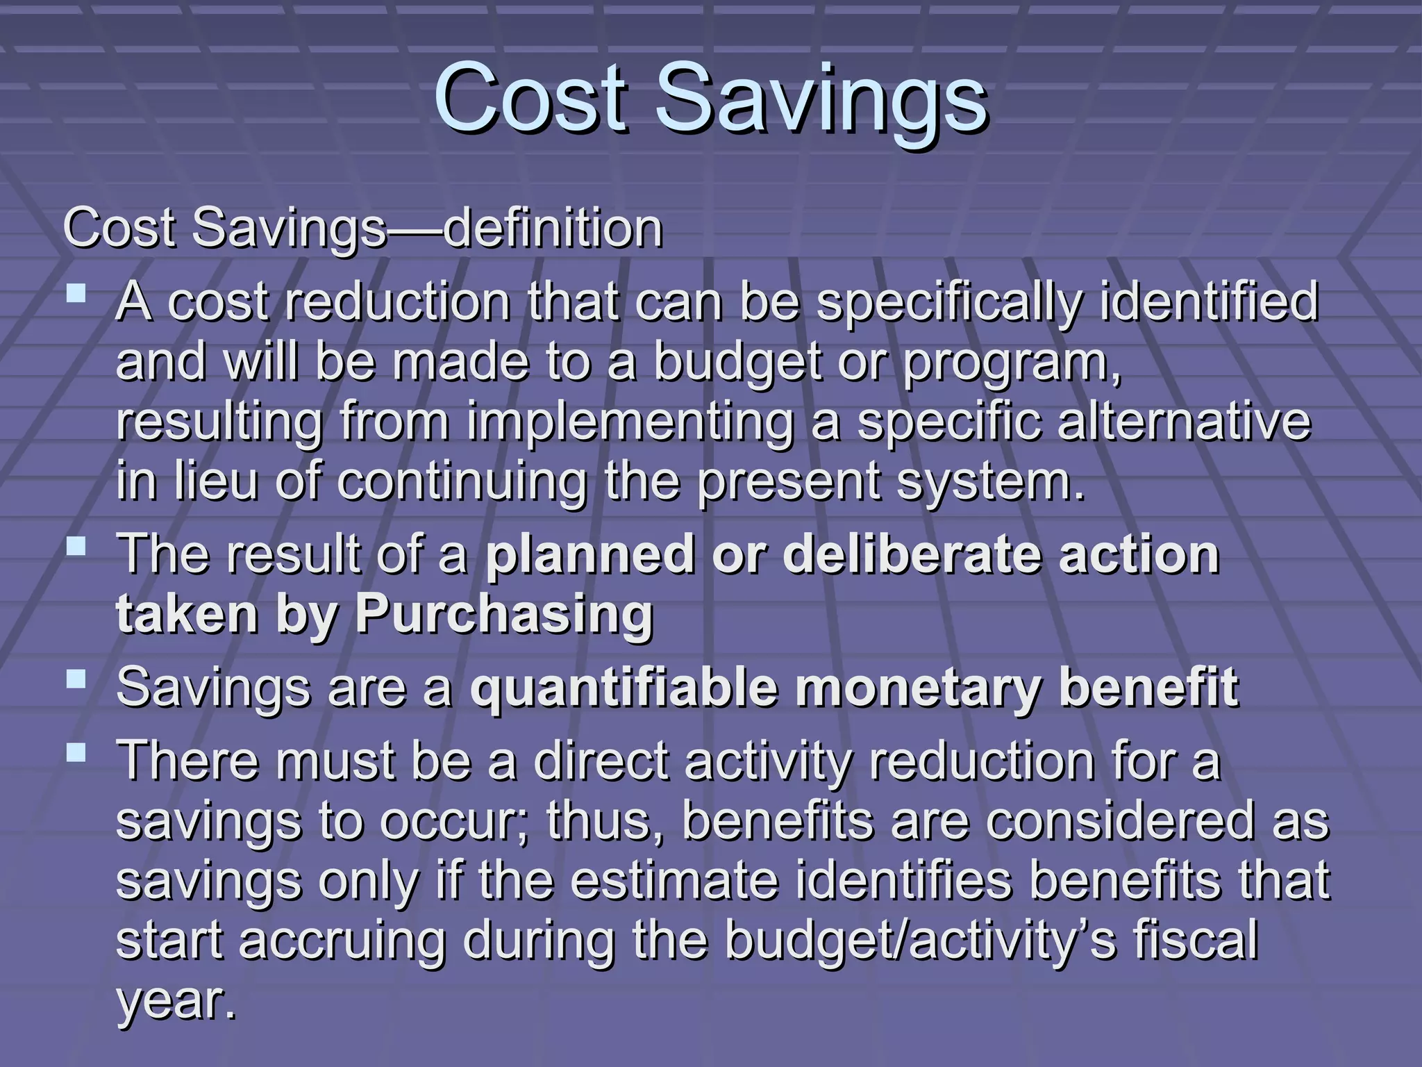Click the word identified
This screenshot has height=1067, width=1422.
(1209, 301)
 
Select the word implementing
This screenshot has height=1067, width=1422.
(630, 422)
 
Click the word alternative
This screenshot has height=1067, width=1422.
(1184, 422)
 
